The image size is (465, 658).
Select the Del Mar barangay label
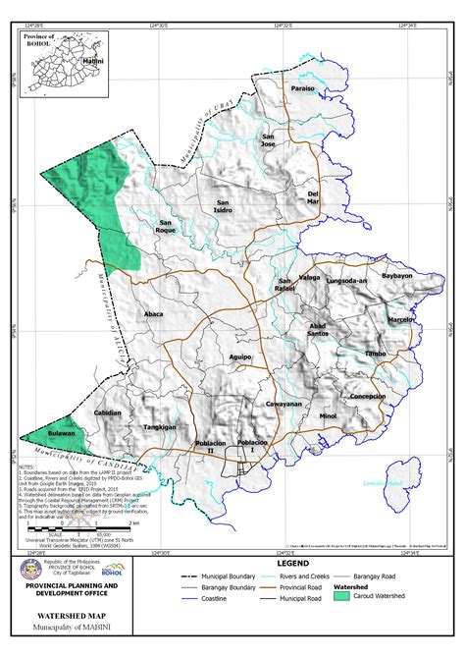point(314,197)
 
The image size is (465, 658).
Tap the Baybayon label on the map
point(397,277)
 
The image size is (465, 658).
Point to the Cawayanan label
point(283,404)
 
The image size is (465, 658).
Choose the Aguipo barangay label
point(240,356)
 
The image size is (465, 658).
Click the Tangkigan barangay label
point(159,427)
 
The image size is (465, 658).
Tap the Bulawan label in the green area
point(61,433)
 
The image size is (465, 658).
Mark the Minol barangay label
point(328,416)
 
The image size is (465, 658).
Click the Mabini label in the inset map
point(92,61)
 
